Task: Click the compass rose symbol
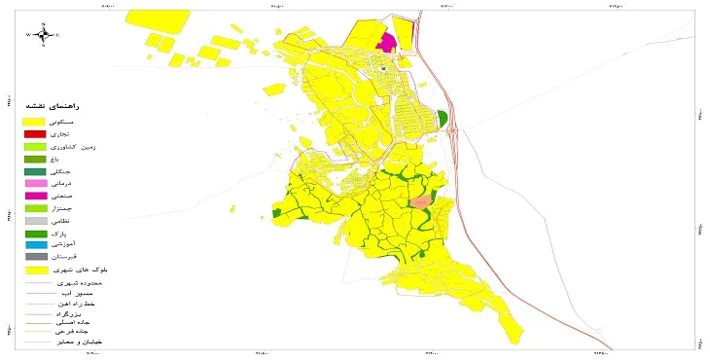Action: coord(43,35)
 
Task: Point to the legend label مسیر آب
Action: coord(80,292)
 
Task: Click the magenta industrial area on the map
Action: coord(387,42)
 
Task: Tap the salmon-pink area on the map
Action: coord(420,201)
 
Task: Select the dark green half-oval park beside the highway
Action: coord(444,119)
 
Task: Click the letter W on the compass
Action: coord(29,36)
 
